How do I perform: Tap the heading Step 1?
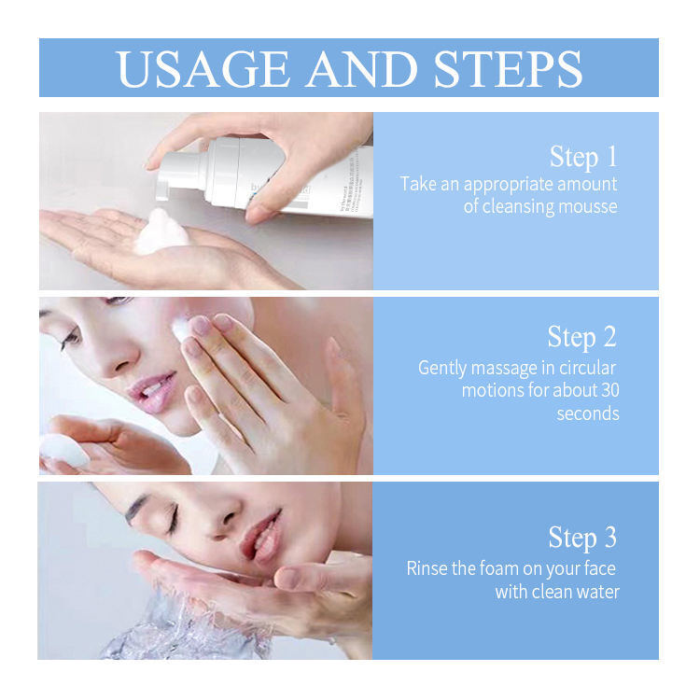(x=583, y=156)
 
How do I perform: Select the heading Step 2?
(x=582, y=336)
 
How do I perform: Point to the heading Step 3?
(x=582, y=538)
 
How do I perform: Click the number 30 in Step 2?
(x=607, y=390)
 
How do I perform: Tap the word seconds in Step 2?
(x=588, y=413)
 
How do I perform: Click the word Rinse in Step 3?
(x=427, y=568)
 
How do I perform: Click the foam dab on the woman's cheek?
(x=180, y=327)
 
